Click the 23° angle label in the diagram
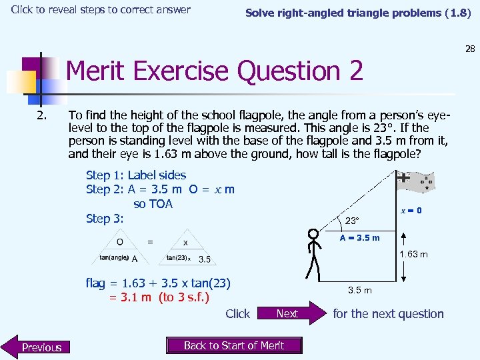click(352, 221)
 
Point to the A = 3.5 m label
click(359, 238)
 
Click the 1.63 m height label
click(413, 254)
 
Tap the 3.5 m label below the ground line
click(360, 290)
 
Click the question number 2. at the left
click(42, 115)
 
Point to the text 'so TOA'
click(153, 204)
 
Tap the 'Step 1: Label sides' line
click(136, 175)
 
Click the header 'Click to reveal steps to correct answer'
click(101, 10)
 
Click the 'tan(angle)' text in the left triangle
click(114, 257)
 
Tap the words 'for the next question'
click(388, 313)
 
